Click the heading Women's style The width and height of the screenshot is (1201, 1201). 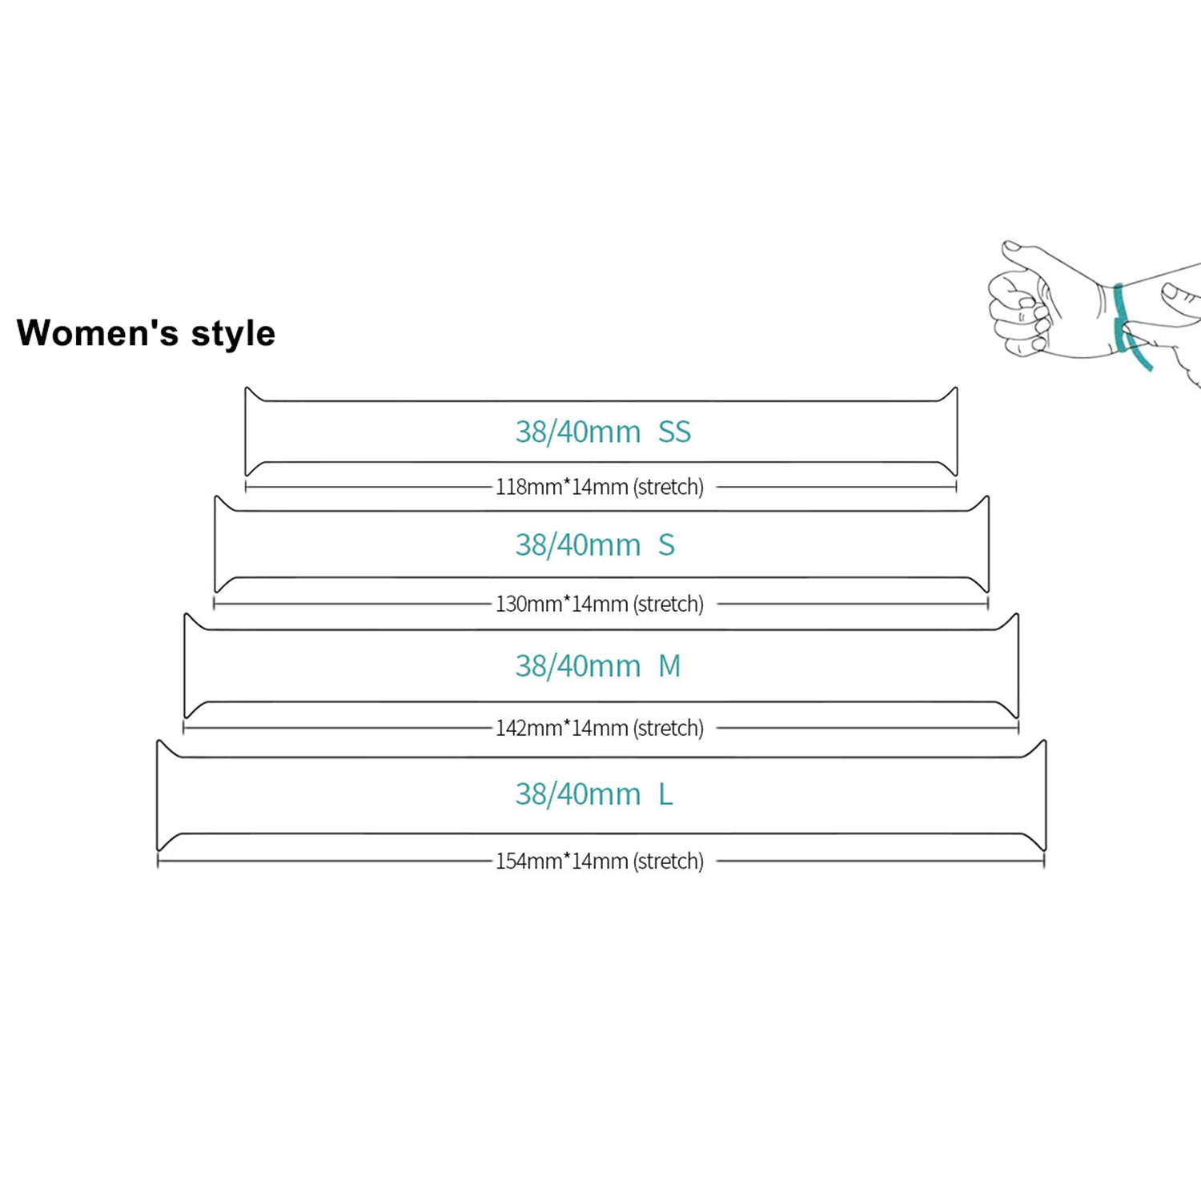point(146,333)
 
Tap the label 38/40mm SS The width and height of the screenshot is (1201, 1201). point(603,432)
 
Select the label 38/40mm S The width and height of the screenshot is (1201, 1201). point(595,545)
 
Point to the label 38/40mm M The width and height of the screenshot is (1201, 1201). point(598,666)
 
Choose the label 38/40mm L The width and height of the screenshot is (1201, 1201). point(594,794)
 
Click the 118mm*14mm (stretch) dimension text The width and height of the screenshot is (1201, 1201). point(600,487)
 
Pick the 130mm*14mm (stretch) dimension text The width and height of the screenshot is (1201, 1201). point(600,604)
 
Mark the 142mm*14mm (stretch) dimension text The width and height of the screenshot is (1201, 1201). point(600,728)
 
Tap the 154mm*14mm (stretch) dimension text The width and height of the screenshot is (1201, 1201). point(600,861)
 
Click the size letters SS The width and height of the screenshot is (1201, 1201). point(674,432)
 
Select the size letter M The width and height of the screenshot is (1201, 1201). point(669,666)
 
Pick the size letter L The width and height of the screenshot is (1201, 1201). point(665,794)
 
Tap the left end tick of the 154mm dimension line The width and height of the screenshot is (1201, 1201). point(158,861)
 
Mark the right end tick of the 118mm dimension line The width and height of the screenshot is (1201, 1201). point(956,487)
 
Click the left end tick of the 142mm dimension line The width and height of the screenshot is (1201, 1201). point(183,728)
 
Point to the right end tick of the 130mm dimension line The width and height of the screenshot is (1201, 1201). point(988,604)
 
